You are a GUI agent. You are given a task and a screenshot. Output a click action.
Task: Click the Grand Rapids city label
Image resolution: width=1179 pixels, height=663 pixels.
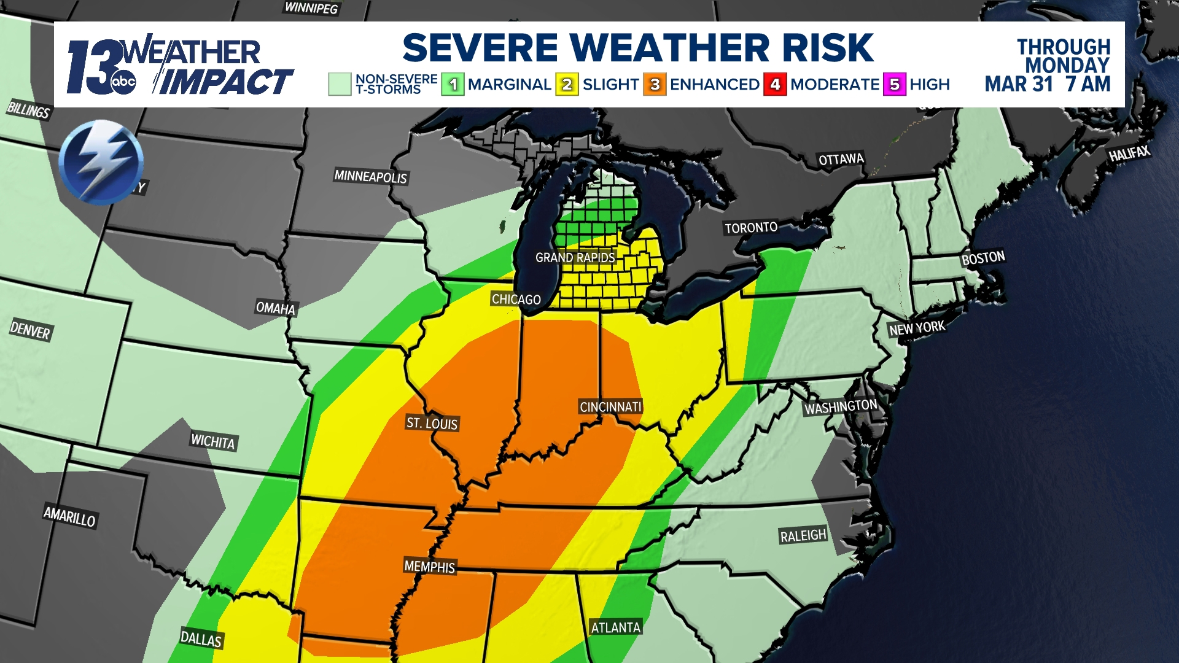click(x=575, y=257)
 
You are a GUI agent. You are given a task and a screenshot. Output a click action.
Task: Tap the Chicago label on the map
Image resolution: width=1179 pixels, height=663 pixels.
click(x=516, y=299)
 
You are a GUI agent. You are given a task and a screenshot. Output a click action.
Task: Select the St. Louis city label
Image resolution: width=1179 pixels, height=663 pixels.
click(x=432, y=423)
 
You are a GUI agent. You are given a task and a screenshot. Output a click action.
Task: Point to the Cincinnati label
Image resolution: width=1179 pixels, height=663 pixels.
click(x=610, y=406)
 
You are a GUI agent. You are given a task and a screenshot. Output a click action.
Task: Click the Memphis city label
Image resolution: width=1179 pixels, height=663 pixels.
click(x=429, y=566)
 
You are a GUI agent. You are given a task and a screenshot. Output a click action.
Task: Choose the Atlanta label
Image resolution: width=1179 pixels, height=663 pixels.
click(x=615, y=627)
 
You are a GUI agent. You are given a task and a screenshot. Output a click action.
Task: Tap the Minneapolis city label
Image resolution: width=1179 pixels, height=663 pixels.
click(x=370, y=176)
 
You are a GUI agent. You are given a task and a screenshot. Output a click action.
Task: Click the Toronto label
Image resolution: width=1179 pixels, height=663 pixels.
click(x=750, y=228)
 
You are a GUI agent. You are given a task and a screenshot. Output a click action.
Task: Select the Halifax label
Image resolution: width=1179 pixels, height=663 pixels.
click(x=1129, y=153)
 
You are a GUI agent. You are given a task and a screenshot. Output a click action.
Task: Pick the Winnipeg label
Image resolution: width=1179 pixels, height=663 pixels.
click(x=311, y=7)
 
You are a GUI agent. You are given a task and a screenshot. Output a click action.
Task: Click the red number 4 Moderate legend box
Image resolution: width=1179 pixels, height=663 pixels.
click(x=775, y=84)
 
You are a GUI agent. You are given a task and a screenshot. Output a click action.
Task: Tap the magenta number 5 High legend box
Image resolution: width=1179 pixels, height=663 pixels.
click(x=894, y=84)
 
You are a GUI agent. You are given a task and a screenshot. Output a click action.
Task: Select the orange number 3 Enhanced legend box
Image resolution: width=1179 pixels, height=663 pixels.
click(x=655, y=84)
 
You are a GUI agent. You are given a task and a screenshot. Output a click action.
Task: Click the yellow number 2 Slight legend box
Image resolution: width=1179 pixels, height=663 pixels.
click(x=567, y=84)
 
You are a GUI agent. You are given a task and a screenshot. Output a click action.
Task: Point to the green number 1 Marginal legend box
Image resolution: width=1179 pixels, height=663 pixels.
click(x=453, y=84)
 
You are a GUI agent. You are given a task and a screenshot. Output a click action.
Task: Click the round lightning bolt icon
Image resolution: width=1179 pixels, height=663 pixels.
click(x=101, y=162)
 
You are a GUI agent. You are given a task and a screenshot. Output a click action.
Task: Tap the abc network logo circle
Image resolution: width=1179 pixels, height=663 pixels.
click(x=123, y=82)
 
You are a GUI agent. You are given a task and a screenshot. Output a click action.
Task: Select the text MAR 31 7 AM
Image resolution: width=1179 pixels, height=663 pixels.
click(x=1047, y=83)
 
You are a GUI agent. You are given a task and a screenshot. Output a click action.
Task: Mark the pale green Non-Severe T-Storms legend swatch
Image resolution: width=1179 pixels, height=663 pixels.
click(x=339, y=84)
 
